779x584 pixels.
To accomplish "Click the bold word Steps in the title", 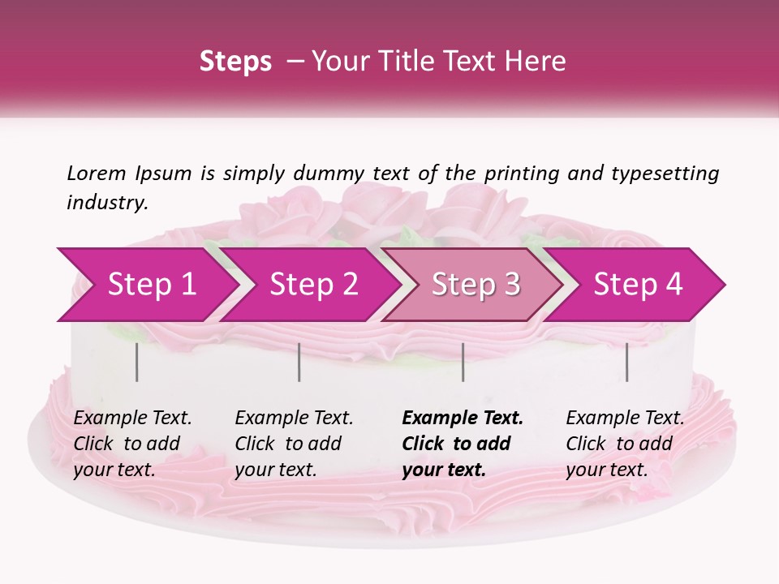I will pos(235,62).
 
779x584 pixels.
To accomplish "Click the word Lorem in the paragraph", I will pos(97,173).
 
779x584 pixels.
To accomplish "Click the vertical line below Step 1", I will pos(137,362).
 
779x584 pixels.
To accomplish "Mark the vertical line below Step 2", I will pos(299,362).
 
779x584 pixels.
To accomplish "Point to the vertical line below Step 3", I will pos(463,362).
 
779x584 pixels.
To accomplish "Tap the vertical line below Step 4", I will pos(626,362).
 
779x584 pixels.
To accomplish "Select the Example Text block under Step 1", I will pos(132,444).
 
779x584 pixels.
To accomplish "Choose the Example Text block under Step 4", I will pos(625,444).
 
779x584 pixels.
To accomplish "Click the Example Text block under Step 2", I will pos(294,444).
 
